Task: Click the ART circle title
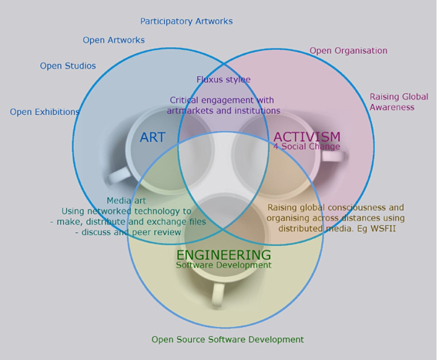click(x=152, y=137)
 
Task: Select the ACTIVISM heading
click(x=307, y=136)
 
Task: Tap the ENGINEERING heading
click(x=223, y=255)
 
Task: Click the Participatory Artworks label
click(x=186, y=22)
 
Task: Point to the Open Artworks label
click(x=114, y=40)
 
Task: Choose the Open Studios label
click(x=68, y=66)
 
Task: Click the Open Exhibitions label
click(x=45, y=112)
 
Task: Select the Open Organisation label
click(x=349, y=51)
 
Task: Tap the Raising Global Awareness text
click(x=399, y=102)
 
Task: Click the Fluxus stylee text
click(x=223, y=79)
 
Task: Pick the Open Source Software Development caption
click(x=228, y=339)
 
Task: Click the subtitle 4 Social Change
click(x=307, y=146)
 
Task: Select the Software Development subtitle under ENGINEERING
click(x=223, y=265)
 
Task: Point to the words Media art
click(x=126, y=200)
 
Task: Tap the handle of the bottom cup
click(x=218, y=294)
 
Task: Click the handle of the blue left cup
click(x=118, y=176)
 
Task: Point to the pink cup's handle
click(x=333, y=156)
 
